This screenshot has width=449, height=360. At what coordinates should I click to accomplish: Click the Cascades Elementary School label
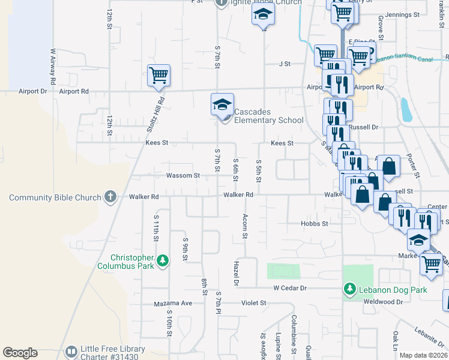(x=268, y=116)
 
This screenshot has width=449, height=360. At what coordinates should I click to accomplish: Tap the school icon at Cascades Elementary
(x=222, y=105)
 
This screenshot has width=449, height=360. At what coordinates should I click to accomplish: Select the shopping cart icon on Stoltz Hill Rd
(x=159, y=75)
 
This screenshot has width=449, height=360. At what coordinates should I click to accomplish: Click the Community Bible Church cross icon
(x=110, y=196)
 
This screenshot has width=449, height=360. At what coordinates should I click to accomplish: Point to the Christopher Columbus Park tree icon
(x=163, y=260)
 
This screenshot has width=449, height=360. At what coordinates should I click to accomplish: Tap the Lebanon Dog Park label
(x=393, y=290)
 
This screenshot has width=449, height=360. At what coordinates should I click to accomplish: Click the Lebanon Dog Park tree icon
(x=349, y=289)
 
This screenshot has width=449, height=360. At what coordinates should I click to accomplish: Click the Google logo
(x=20, y=353)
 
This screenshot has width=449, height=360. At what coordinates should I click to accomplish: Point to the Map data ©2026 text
(x=423, y=355)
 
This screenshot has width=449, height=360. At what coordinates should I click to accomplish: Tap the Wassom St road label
(x=183, y=176)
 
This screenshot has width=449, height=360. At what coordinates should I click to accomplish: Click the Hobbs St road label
(x=315, y=224)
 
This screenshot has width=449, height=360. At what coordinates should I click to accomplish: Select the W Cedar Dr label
(x=290, y=288)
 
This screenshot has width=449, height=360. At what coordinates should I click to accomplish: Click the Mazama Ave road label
(x=173, y=303)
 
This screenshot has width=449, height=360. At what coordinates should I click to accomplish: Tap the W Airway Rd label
(x=53, y=66)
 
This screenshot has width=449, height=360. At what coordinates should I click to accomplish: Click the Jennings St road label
(x=403, y=14)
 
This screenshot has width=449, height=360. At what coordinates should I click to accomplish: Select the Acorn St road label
(x=245, y=226)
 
